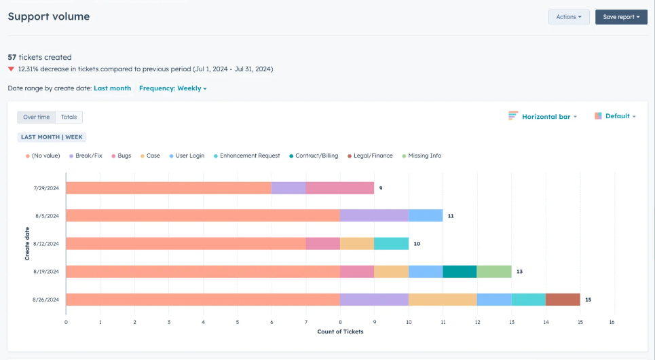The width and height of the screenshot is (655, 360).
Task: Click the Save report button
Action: point(620,17)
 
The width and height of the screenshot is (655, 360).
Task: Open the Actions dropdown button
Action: point(568,17)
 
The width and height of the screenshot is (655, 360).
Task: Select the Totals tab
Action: point(69,117)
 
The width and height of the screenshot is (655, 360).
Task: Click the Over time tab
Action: point(37,117)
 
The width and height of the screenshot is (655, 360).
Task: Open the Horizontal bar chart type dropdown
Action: point(542,117)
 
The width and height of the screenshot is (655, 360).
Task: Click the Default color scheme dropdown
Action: point(615,116)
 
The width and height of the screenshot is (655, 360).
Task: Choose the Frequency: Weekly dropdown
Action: point(172,88)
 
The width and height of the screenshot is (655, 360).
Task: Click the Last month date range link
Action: point(112,88)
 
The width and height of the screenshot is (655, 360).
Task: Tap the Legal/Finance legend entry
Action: point(371,156)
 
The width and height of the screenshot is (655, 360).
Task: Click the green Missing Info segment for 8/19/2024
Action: point(493,272)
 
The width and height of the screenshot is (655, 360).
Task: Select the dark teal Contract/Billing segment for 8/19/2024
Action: point(460,272)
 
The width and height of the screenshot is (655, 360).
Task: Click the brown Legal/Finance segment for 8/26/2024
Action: point(563,300)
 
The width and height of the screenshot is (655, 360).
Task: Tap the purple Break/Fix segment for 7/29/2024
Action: point(288,188)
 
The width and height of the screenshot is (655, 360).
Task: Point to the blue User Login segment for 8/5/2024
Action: point(426,216)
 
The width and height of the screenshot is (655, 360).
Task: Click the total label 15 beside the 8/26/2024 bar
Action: point(588,300)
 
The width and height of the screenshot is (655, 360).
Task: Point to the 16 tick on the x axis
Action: point(612,322)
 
